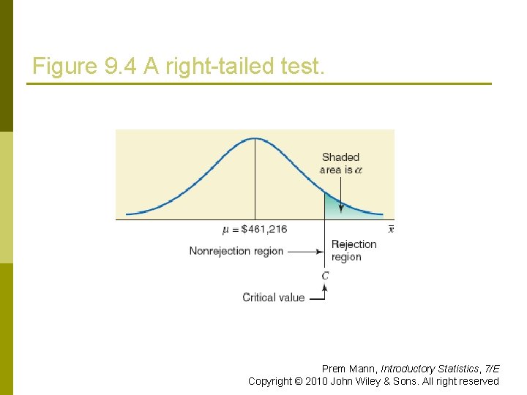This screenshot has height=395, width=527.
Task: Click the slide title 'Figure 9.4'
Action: tap(86, 67)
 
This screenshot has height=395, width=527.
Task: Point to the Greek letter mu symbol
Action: tap(225, 230)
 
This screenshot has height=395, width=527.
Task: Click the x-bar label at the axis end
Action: tap(391, 229)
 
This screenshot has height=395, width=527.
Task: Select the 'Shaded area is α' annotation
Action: tap(340, 163)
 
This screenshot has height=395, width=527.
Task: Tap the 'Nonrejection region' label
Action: tap(236, 251)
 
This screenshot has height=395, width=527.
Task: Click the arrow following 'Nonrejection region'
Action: tap(305, 251)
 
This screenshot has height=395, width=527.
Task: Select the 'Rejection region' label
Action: tap(354, 250)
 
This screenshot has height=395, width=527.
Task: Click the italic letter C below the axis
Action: tap(325, 276)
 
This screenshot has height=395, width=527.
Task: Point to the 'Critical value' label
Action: tap(273, 297)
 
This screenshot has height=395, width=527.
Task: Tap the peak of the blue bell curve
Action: tap(255, 138)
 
